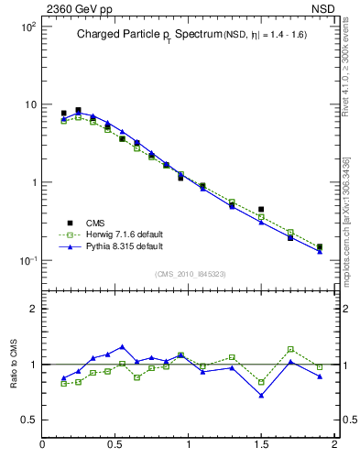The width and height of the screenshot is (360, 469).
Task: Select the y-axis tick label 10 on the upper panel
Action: pyautogui.click(x=29, y=105)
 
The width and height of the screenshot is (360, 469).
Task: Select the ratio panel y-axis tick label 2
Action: pyautogui.click(x=33, y=309)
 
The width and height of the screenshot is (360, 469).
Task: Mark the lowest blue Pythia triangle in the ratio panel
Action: pyautogui.click(x=261, y=396)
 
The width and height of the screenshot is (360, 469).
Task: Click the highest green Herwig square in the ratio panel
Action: pyautogui.click(x=290, y=349)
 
